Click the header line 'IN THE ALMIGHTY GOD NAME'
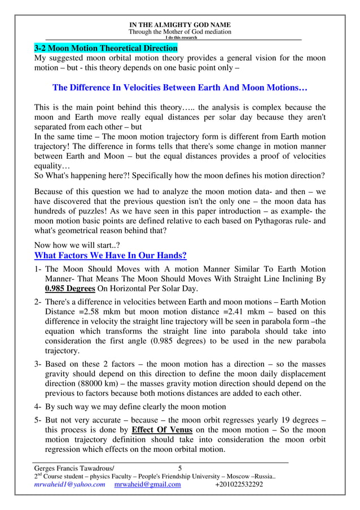180,25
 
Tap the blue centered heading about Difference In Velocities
179,89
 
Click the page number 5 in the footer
180,468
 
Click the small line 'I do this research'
180,38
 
